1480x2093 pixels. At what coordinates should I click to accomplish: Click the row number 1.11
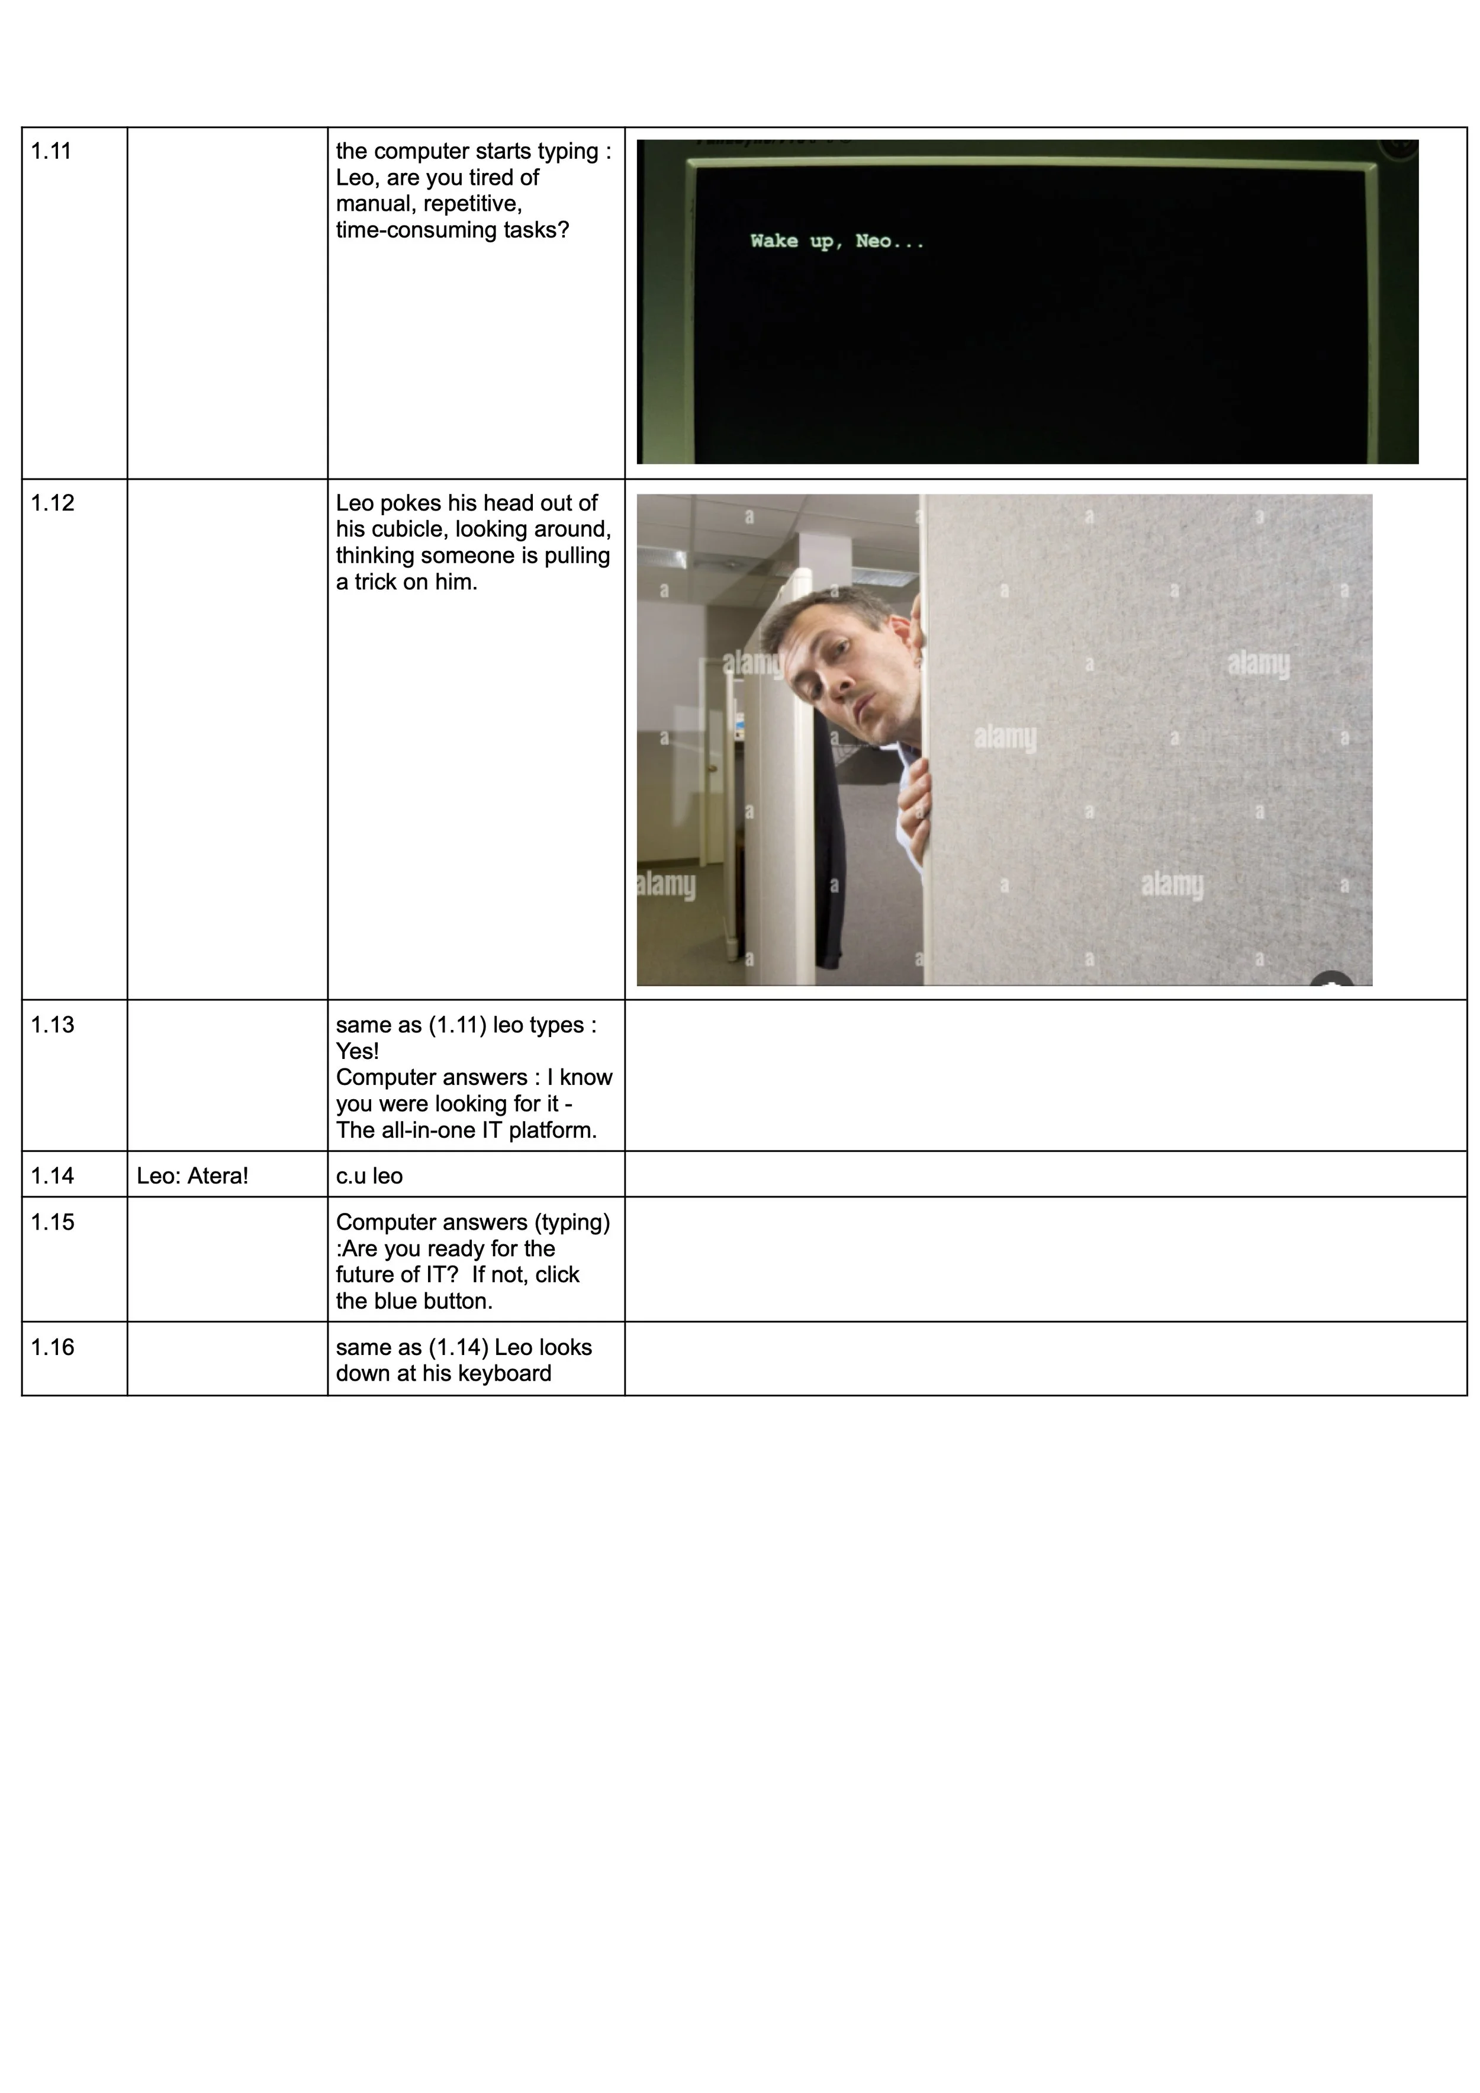click(x=51, y=152)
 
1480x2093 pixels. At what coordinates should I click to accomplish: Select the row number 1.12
click(x=52, y=503)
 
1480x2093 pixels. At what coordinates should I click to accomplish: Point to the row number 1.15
click(x=52, y=1222)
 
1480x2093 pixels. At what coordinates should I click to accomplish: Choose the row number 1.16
click(x=52, y=1347)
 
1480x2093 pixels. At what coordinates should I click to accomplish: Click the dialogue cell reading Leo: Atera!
click(x=192, y=1176)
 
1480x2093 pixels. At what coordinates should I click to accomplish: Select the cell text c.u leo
click(x=369, y=1176)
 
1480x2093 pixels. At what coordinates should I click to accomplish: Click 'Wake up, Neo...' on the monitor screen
click(x=836, y=242)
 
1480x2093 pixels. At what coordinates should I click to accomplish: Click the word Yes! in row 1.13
click(x=357, y=1051)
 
